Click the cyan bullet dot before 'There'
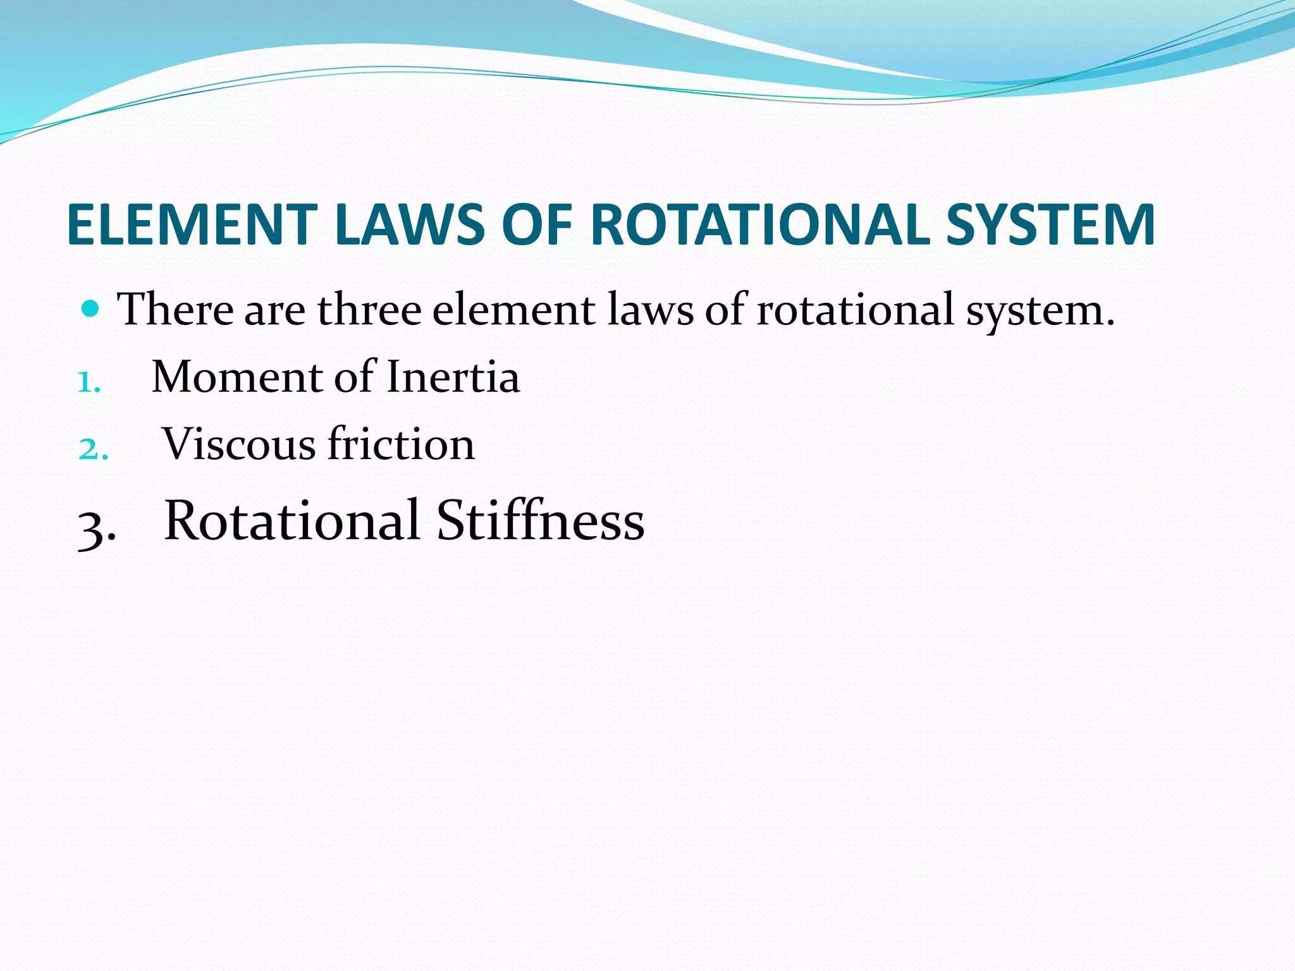pos(92,309)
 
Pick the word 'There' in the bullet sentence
pos(175,310)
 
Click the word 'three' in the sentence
pos(369,310)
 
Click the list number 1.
pos(89,382)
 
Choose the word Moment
pos(237,377)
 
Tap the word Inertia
pos(453,377)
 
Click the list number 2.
pos(93,449)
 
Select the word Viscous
pos(238,444)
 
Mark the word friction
pos(401,444)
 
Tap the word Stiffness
pos(541,520)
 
